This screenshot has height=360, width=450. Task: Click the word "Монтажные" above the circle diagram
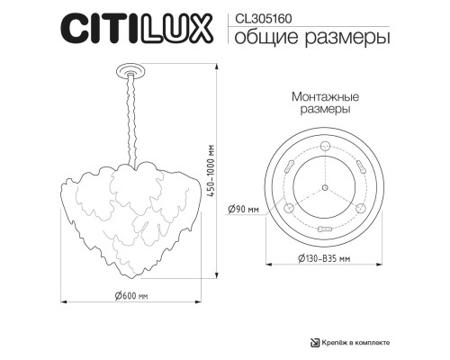click(325, 96)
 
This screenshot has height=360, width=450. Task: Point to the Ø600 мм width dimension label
click(131, 295)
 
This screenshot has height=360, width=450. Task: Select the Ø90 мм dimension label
click(245, 209)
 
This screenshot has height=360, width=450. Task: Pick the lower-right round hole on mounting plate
click(362, 210)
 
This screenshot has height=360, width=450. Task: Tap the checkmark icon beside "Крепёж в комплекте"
click(314, 341)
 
